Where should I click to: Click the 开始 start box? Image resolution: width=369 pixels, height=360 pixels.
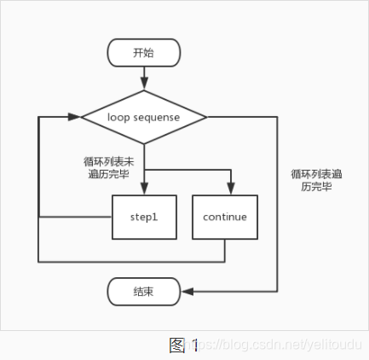pos(144,53)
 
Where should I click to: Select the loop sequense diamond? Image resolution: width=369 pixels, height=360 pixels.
pos(144,116)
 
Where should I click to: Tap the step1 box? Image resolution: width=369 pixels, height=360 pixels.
pos(144,217)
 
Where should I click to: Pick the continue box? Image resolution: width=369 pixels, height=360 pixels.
pos(225,217)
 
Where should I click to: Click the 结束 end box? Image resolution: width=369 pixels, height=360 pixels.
pos(144,292)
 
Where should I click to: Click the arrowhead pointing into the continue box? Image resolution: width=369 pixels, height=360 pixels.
pos(230,191)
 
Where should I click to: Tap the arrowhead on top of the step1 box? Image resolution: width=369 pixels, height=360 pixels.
pos(144,191)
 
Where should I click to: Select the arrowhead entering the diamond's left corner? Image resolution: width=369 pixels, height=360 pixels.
pos(76,116)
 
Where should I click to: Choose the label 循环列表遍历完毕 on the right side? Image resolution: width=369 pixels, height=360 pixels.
pos(315,179)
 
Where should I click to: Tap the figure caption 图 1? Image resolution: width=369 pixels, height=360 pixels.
pos(183,345)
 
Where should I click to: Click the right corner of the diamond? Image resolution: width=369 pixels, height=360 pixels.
pos(206,116)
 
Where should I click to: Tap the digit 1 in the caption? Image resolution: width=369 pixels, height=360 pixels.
pos(195,345)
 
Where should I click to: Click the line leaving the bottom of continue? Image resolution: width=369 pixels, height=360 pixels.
pos(225,249)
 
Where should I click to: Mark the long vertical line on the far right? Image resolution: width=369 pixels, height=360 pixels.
pos(279,205)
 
